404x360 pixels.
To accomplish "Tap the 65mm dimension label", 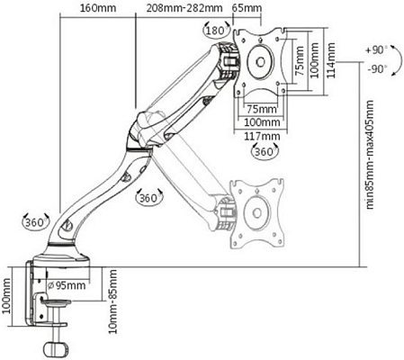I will [247, 9].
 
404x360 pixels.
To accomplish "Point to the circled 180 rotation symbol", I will [214, 31].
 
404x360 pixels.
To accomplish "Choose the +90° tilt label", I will [375, 51].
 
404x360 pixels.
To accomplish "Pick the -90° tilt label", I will [375, 68].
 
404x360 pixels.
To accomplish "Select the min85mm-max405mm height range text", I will [370, 171].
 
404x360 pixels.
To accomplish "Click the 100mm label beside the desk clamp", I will [9, 292].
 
